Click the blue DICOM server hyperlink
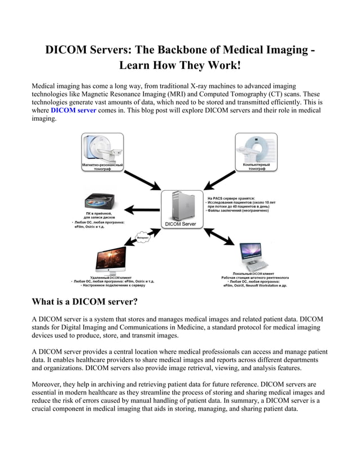[73, 111]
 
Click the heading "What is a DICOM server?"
[85, 302]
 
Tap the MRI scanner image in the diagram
[102, 148]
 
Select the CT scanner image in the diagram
[256, 148]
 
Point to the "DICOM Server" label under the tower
[180, 224]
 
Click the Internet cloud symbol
[144, 238]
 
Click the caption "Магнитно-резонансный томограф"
[102, 167]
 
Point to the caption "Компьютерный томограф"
[256, 167]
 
